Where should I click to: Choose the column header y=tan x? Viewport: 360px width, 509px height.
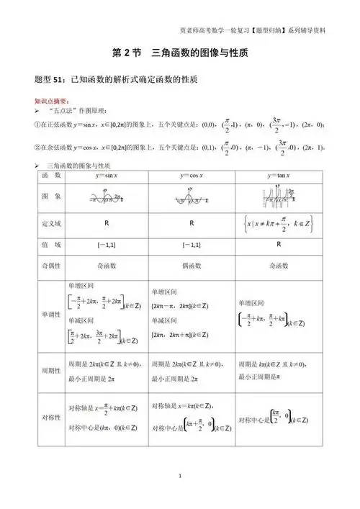tap(278, 175)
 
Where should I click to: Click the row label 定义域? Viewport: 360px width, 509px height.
tap(50, 223)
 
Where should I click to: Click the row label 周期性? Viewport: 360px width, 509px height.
tap(50, 369)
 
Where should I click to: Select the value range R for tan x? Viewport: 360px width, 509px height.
tap(278, 244)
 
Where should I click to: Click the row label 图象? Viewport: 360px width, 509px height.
tap(50, 196)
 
